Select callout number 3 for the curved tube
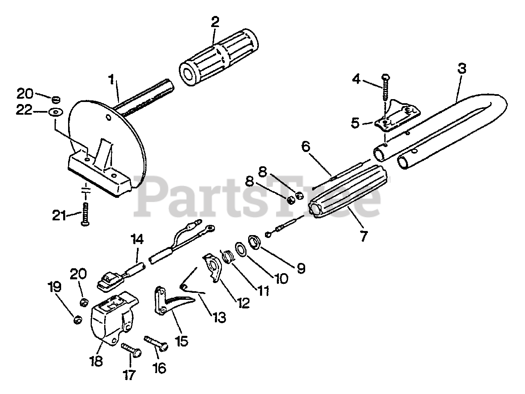click(462, 69)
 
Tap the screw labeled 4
click(386, 88)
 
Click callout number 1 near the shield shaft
click(111, 80)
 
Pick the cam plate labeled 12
click(213, 268)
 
